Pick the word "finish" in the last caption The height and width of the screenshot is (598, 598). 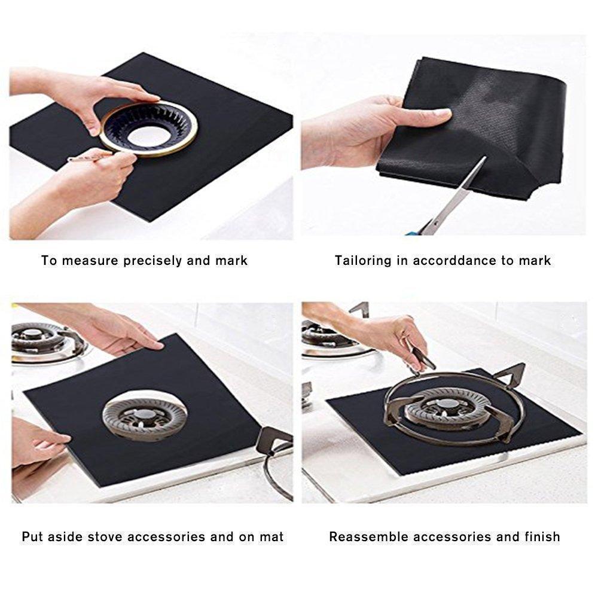tap(540, 536)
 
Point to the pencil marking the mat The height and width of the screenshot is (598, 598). tap(90, 157)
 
